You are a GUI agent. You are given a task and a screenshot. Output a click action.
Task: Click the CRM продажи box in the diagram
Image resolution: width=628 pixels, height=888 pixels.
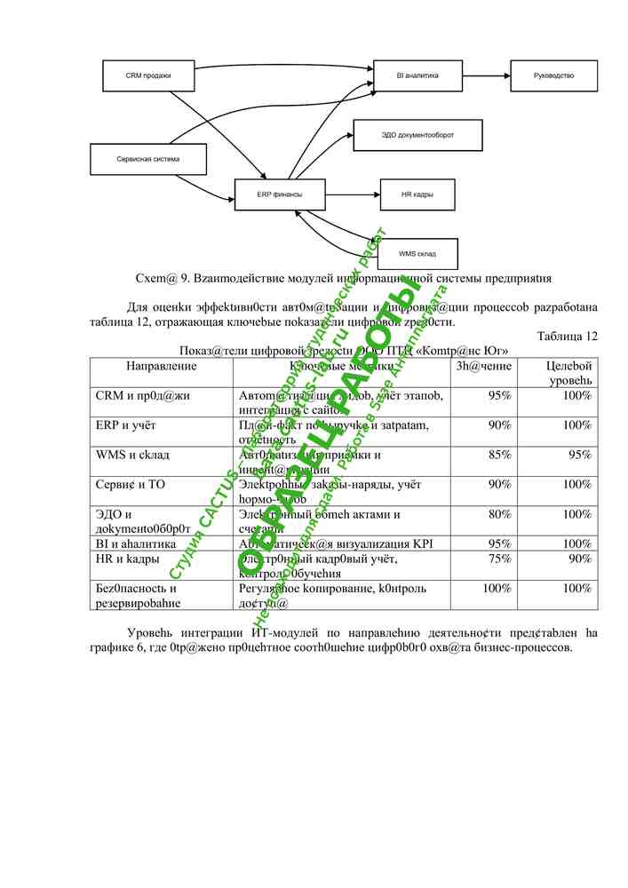pyautogui.click(x=148, y=75)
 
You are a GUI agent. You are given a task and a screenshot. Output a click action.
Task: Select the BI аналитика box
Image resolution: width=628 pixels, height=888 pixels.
pyautogui.click(x=417, y=75)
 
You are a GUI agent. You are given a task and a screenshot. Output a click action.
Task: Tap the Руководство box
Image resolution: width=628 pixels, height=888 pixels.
pyautogui.click(x=553, y=75)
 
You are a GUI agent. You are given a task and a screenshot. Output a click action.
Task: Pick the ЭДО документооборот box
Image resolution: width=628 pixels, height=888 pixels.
pyautogui.click(x=417, y=135)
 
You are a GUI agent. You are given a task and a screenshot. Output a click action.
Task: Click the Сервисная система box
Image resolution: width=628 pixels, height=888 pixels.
pyautogui.click(x=148, y=159)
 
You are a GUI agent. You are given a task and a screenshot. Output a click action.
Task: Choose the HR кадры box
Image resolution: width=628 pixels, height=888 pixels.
pyautogui.click(x=417, y=194)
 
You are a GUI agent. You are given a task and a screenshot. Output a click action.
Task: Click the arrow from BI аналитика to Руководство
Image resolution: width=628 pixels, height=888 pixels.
pyautogui.click(x=486, y=75)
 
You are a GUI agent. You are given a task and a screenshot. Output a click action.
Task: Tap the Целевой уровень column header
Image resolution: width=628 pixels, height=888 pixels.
pyautogui.click(x=568, y=373)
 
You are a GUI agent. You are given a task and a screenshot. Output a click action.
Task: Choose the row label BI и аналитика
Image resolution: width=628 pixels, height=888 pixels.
pyautogui.click(x=135, y=543)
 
